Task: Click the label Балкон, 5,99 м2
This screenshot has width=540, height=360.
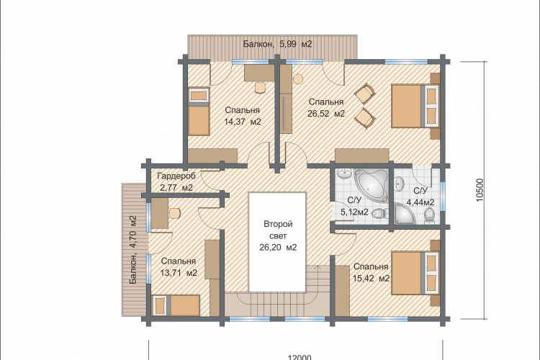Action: tap(278, 44)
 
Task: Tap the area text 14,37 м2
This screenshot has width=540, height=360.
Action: tap(243, 122)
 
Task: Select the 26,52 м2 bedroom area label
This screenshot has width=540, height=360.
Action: tap(326, 114)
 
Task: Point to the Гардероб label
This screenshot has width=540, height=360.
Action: tap(176, 176)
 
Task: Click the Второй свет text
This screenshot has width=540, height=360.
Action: tap(278, 230)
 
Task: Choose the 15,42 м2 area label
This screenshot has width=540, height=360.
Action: tap(372, 278)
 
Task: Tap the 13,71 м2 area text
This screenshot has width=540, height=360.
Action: tap(179, 273)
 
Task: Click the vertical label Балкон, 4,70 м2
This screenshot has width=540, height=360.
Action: tap(133, 250)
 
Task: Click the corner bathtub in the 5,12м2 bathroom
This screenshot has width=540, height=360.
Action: tap(373, 184)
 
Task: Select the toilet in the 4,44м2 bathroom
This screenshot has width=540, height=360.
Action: tap(429, 215)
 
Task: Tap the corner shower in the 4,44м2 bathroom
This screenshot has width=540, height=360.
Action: tap(404, 214)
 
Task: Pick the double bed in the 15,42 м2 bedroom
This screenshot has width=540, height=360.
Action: tap(415, 273)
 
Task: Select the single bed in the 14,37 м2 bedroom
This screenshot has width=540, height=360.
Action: tap(199, 112)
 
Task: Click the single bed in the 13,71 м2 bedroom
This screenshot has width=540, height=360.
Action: tap(176, 305)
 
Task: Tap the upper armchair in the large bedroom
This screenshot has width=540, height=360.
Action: tap(365, 93)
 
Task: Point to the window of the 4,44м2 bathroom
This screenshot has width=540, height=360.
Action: tap(443, 197)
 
